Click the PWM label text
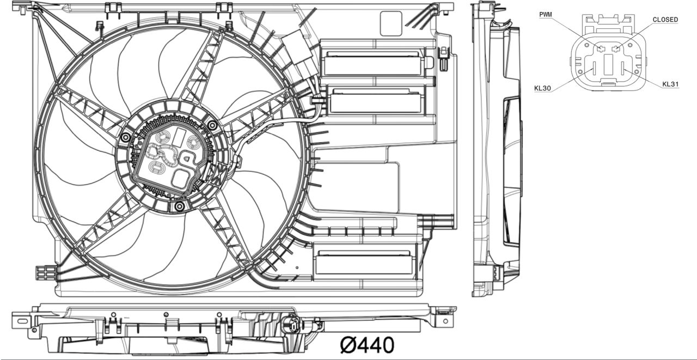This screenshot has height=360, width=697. [546, 14]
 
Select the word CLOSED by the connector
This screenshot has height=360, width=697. [665, 20]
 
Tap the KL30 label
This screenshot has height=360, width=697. [542, 88]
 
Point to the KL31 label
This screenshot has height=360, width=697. [670, 84]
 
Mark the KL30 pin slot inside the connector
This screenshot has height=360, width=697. [594, 69]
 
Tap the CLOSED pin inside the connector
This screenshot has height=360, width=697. [616, 50]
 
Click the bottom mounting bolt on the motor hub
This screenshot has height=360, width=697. [180, 206]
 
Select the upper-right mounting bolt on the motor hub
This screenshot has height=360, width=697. [212, 126]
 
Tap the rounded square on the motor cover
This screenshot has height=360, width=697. [181, 178]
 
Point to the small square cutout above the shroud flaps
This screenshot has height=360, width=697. [390, 23]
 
